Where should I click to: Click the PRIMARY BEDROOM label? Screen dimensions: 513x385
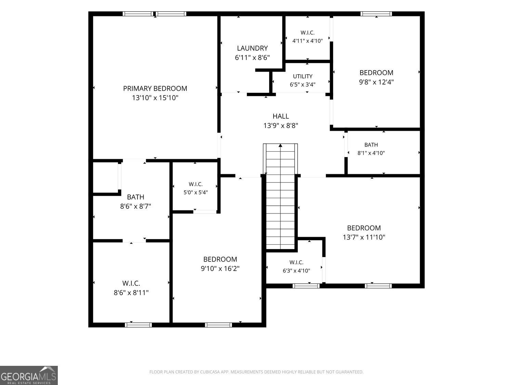[155, 89]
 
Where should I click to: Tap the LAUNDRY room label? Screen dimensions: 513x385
[252, 48]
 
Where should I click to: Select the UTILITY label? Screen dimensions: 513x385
[303, 76]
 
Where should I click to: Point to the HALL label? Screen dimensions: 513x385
[281, 116]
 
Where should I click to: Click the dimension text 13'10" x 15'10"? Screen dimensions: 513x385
[155, 98]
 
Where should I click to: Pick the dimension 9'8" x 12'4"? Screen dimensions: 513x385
[376, 82]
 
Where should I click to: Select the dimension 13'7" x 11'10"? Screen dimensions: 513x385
[364, 237]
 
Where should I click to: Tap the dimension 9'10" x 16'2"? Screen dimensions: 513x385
[220, 269]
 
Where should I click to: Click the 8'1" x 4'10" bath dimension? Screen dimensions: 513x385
[371, 153]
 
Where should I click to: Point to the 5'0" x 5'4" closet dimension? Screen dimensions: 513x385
[196, 193]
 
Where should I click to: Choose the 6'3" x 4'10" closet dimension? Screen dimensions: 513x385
[297, 271]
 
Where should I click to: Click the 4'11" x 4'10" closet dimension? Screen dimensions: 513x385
[307, 41]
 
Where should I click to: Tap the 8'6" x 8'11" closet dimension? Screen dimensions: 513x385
[131, 293]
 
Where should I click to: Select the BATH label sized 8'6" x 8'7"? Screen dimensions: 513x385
[135, 197]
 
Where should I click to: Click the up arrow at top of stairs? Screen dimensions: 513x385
[280, 145]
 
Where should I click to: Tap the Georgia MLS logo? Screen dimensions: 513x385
[29, 375]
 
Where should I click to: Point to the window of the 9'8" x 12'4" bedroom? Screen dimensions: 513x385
[376, 14]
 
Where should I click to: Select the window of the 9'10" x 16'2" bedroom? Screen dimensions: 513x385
[219, 325]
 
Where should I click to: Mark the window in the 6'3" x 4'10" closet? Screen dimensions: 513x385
[306, 286]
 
